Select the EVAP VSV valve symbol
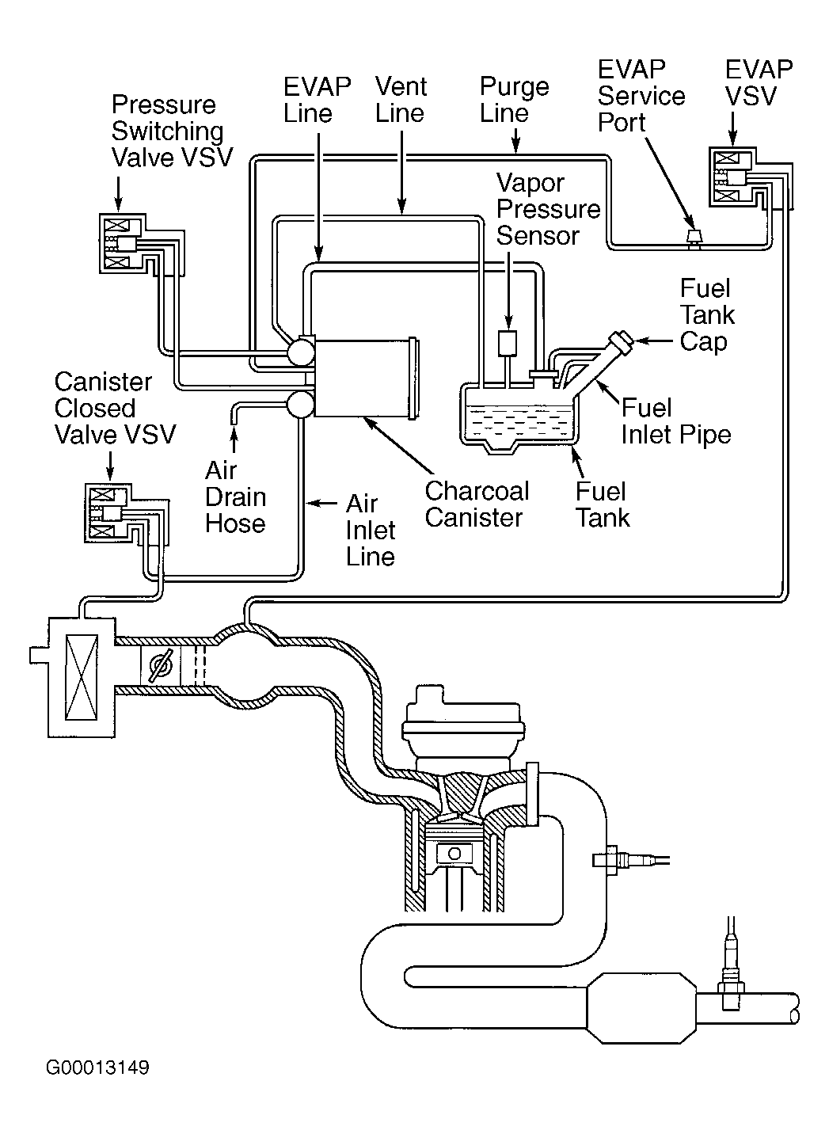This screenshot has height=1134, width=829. click(732, 179)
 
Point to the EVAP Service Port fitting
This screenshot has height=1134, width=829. click(694, 235)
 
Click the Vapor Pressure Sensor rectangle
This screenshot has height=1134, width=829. click(507, 343)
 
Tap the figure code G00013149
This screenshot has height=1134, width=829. click(97, 1068)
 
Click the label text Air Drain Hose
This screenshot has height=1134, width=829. click(235, 497)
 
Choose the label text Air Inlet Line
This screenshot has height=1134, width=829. click(370, 530)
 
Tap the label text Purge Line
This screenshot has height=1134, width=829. click(515, 99)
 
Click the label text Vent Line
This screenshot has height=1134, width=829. click(401, 99)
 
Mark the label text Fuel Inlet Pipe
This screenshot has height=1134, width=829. click(675, 420)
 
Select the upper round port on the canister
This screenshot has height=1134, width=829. click(301, 352)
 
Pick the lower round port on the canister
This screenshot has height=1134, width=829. click(301, 403)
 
